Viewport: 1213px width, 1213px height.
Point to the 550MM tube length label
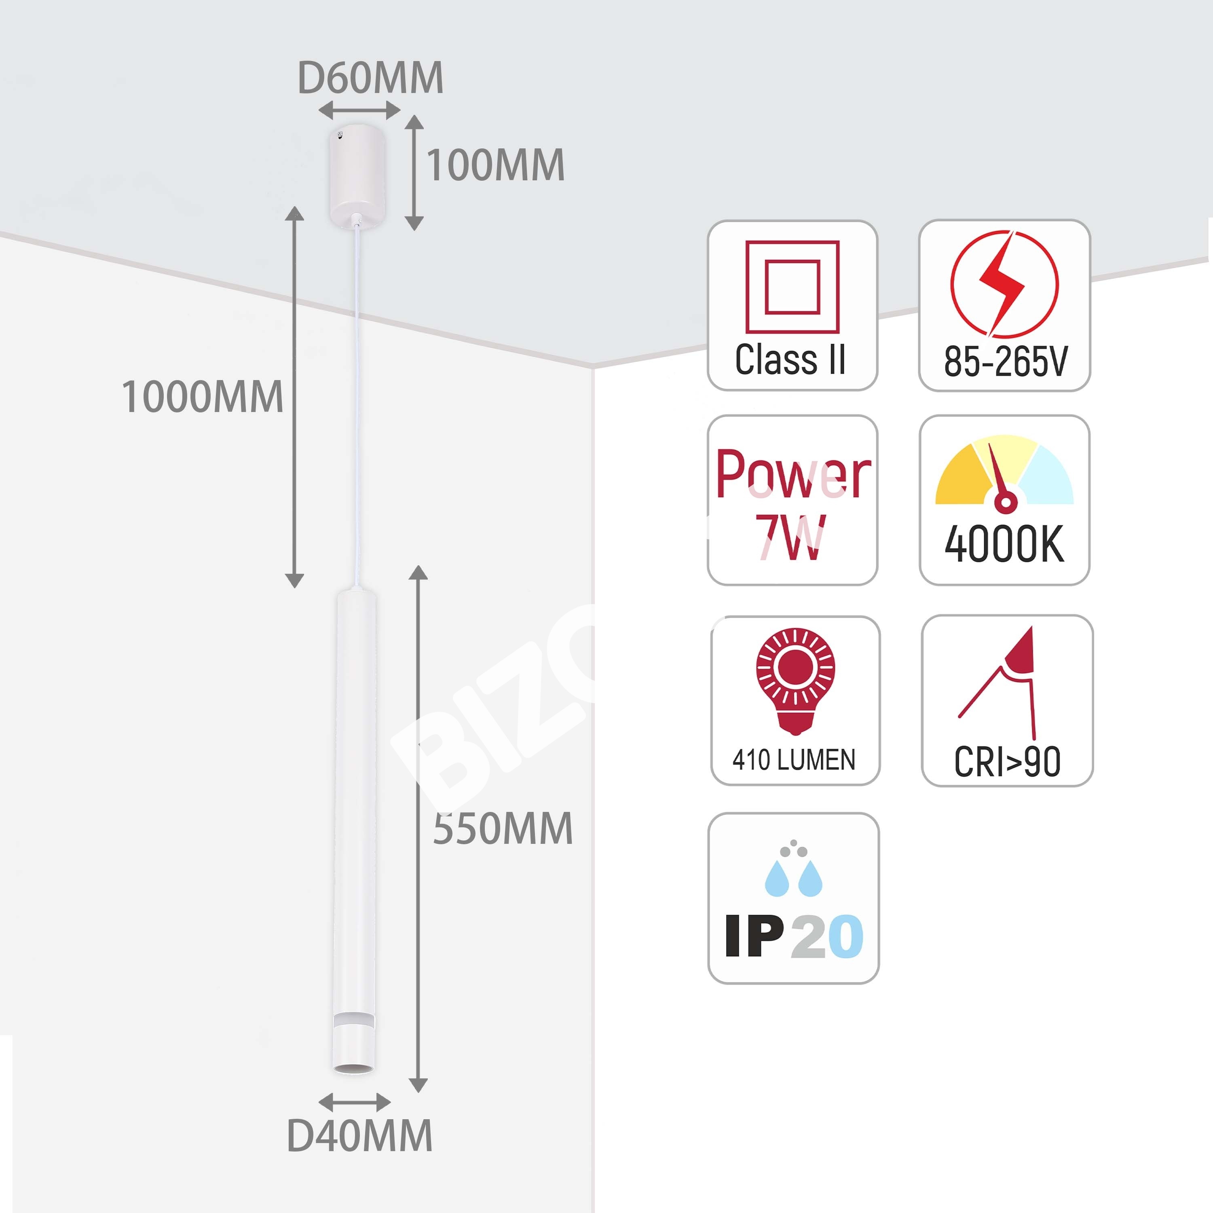coord(503,828)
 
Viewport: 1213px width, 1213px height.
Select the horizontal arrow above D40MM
coord(355,1101)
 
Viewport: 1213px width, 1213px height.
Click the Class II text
coord(790,360)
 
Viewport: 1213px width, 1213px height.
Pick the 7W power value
coord(790,537)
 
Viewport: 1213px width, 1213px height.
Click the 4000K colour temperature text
coord(1004,544)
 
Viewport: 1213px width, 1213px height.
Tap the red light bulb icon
coord(795,680)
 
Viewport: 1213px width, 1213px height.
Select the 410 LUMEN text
coord(794,760)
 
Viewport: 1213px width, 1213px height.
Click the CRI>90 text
coord(1007,762)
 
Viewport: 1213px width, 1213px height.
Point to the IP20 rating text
coord(794,936)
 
